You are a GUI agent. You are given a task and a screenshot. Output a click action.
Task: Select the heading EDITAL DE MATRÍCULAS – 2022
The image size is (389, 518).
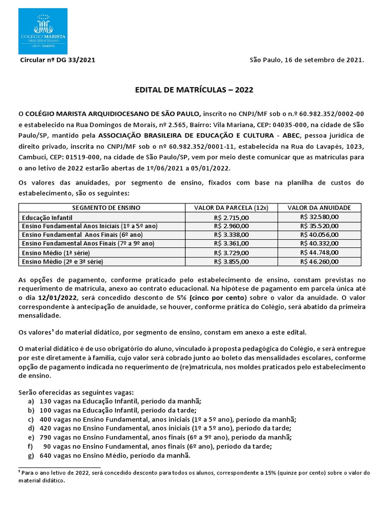(x=194, y=90)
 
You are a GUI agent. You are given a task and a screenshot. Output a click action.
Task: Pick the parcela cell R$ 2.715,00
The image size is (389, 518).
(x=231, y=217)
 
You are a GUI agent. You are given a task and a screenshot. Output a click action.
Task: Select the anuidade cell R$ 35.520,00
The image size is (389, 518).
(x=319, y=226)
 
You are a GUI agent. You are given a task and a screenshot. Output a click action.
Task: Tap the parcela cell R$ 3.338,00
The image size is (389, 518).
(x=231, y=235)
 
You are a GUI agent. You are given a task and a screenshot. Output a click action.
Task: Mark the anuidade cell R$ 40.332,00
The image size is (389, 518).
(x=319, y=243)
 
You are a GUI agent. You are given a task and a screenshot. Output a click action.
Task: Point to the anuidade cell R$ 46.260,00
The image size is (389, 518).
(x=319, y=262)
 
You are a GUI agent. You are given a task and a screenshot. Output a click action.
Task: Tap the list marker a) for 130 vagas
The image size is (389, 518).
(x=31, y=401)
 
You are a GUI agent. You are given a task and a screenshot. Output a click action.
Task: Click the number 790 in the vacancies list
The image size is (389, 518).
(x=46, y=438)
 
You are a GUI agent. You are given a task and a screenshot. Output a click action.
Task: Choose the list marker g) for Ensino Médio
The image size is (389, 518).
(x=31, y=455)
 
